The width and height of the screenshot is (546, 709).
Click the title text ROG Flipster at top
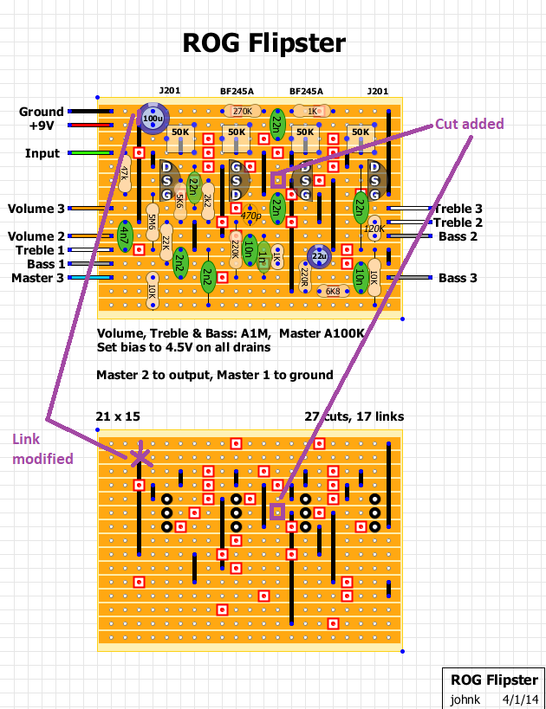264,43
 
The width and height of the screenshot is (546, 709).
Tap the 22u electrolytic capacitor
319,257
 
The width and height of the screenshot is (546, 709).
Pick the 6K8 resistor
333,292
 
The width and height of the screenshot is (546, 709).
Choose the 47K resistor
125,173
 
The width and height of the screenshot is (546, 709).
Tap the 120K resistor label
374,229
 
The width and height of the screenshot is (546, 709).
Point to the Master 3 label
38,278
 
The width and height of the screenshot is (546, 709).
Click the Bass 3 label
458,278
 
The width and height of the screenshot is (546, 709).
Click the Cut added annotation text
469,125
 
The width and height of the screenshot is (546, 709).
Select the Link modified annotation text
42,449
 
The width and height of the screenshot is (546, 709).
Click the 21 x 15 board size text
118,416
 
